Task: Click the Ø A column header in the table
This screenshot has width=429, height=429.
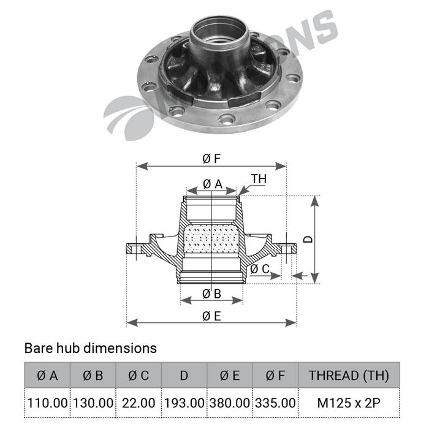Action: tap(47, 375)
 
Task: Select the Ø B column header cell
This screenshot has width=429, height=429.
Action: tap(93, 375)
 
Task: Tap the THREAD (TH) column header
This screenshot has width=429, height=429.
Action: tap(348, 375)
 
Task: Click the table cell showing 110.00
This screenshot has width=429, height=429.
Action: tap(47, 403)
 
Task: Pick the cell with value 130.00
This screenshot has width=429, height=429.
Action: tap(93, 403)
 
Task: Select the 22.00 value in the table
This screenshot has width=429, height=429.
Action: tap(139, 403)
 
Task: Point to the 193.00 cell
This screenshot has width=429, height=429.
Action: tap(184, 403)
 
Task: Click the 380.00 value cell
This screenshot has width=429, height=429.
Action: tap(230, 403)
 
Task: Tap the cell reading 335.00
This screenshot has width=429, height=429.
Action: tap(275, 403)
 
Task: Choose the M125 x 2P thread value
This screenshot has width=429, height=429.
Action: tap(348, 403)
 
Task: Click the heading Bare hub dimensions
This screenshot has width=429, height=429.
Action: tap(90, 348)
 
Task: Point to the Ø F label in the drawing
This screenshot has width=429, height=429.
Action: tap(211, 159)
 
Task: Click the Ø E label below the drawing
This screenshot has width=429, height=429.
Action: tap(211, 316)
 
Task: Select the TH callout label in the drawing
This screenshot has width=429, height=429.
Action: tap(259, 178)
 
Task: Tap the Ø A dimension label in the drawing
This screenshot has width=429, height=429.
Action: tap(212, 183)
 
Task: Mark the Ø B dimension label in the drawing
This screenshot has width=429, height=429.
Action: tap(211, 294)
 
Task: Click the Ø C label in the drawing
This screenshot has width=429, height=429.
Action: tap(259, 268)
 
